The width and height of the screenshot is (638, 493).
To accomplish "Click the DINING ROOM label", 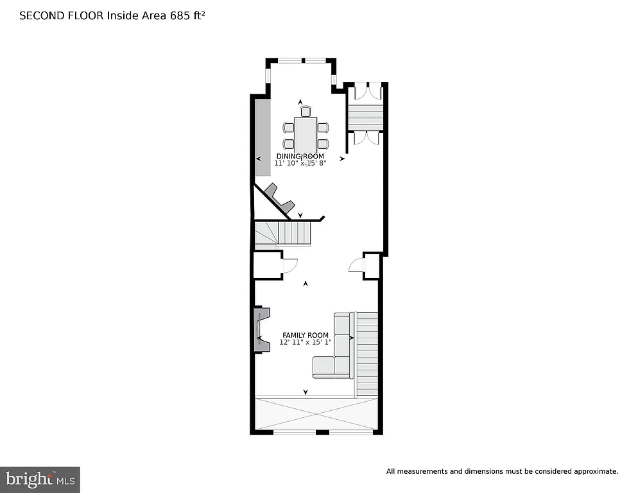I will point(300,156).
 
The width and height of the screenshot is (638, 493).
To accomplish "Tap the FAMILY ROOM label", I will point(306,335).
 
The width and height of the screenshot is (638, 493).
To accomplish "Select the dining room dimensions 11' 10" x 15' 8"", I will point(300,164).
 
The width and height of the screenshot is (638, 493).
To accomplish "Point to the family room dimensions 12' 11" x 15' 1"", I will point(305,343).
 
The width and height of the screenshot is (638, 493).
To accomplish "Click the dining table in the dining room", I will point(306,135).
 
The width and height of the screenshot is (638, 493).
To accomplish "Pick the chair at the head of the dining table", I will point(306,111).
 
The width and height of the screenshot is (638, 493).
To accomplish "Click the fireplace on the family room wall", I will point(261,329).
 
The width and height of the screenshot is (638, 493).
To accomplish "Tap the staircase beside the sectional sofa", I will point(367,353).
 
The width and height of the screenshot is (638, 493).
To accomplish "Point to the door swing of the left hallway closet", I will point(289,265).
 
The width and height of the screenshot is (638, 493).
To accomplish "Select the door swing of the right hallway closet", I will point(356,265).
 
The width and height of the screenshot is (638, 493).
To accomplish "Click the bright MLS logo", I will point(40,479).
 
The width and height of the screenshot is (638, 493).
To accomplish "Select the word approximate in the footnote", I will point(595,471).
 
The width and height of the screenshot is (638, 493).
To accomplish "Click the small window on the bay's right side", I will point(334,80).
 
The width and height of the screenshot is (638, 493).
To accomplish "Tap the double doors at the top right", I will point(365,91).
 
